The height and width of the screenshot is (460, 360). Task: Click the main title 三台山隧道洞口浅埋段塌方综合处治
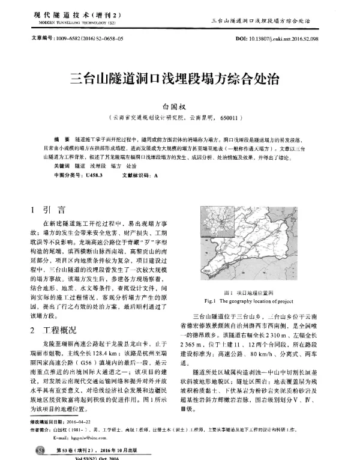(x=179, y=77)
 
